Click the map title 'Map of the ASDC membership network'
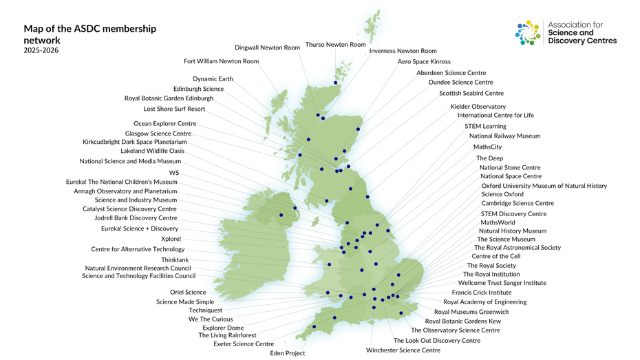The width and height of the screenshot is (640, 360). point(89,34)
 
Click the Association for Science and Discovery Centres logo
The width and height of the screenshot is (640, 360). point(566,32)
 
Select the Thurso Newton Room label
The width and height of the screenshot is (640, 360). point(335,45)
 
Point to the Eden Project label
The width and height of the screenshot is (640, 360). point(287,353)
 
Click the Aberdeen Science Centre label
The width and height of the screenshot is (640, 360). point(451,73)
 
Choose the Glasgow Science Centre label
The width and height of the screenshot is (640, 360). point(158,134)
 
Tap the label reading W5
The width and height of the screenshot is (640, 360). point(173,173)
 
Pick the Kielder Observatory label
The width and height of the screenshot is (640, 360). point(478,107)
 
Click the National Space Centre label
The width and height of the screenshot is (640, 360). point(511,177)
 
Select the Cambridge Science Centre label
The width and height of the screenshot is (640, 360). point(517,204)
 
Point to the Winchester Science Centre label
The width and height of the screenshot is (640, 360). point(403,350)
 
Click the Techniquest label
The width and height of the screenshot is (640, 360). point(205,310)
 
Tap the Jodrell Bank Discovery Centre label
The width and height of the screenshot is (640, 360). point(136,218)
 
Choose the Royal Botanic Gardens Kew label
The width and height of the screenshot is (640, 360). point(462,321)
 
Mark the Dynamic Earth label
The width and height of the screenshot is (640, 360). point(213,79)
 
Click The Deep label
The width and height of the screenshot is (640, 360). point(489,158)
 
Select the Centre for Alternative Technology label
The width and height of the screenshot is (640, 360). point(138,249)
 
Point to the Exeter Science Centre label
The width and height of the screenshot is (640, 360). point(244,344)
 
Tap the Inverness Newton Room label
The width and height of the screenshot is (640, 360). point(403,51)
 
